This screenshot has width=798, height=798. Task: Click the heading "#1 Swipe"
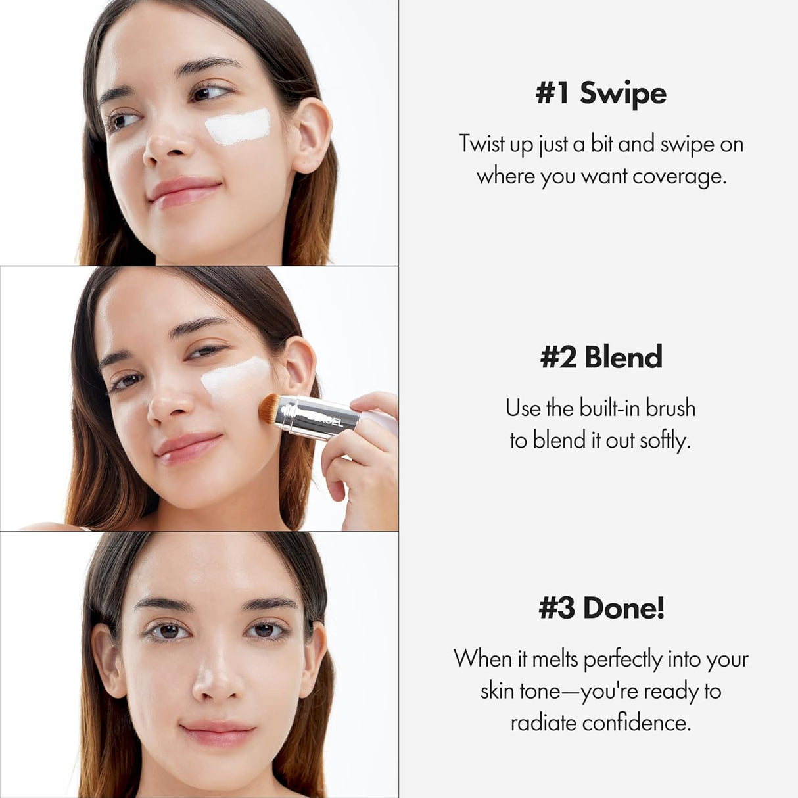(x=601, y=93)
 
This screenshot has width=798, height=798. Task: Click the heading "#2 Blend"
(x=601, y=357)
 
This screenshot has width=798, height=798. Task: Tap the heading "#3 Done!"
(x=601, y=607)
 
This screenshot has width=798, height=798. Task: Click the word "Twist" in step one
(x=482, y=144)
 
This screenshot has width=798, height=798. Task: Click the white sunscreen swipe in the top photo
(x=238, y=126)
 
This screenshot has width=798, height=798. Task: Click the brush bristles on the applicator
(x=270, y=409)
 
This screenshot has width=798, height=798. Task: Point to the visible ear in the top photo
(x=313, y=135)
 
